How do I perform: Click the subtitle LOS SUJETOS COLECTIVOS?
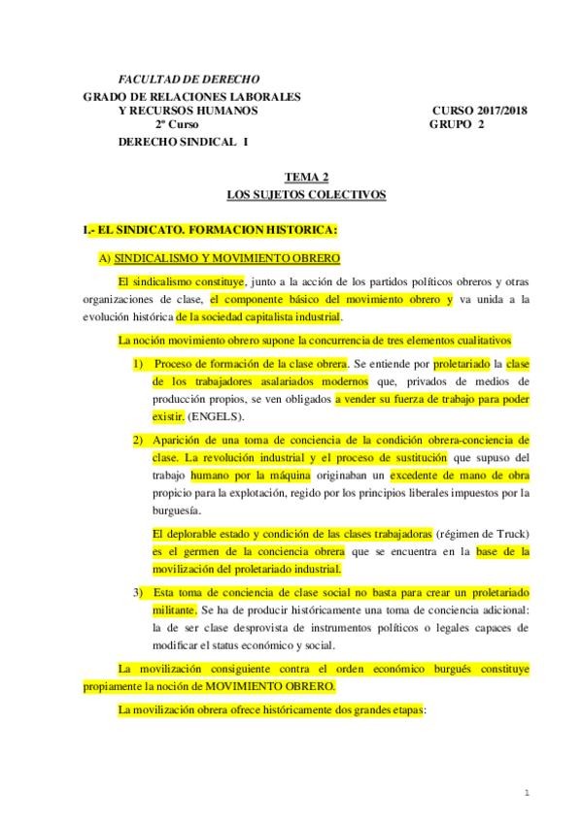pos(306,195)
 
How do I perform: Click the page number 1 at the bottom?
pos(526,792)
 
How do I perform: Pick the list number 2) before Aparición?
pos(139,440)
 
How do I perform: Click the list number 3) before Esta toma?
pos(139,591)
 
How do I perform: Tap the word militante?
pos(175,609)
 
